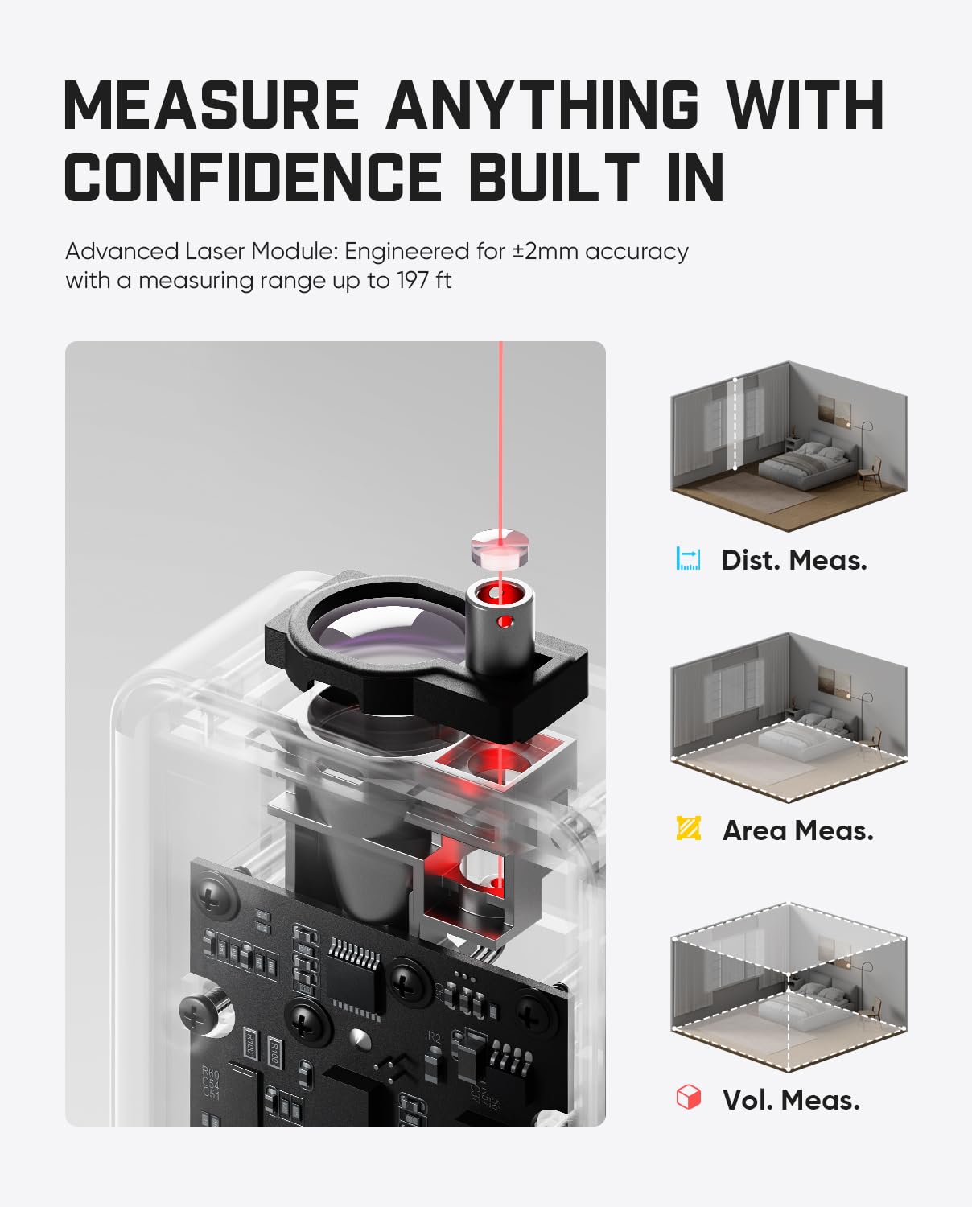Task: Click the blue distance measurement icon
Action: coord(689,558)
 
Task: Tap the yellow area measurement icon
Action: coord(689,828)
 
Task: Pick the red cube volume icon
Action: coord(689,1098)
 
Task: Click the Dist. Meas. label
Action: coord(793,560)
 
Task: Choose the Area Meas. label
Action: coord(797,830)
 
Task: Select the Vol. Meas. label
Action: coord(791,1100)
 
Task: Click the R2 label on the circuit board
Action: coord(435,1037)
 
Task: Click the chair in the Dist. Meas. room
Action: coord(869,475)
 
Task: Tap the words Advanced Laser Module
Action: coord(201,252)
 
